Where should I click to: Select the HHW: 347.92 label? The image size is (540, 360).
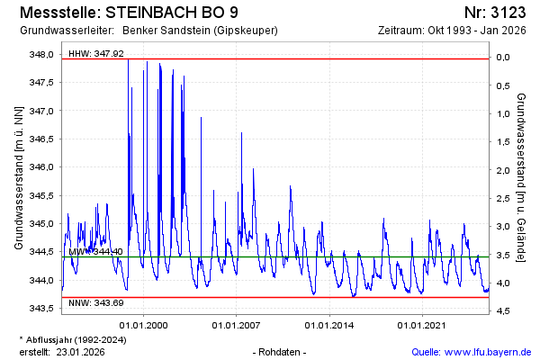(96, 55)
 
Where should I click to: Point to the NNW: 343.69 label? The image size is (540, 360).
(96, 303)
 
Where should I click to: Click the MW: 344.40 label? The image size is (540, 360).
(96, 252)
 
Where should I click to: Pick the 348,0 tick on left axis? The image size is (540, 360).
(41, 54)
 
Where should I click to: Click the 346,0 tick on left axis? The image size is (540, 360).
(41, 167)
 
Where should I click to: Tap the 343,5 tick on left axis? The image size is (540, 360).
(41, 309)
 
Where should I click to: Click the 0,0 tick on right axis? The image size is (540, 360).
(502, 58)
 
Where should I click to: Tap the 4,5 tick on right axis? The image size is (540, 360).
(502, 311)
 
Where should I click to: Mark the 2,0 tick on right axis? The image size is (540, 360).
(502, 170)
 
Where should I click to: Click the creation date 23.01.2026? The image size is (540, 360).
(81, 351)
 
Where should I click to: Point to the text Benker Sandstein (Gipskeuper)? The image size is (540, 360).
(200, 31)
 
